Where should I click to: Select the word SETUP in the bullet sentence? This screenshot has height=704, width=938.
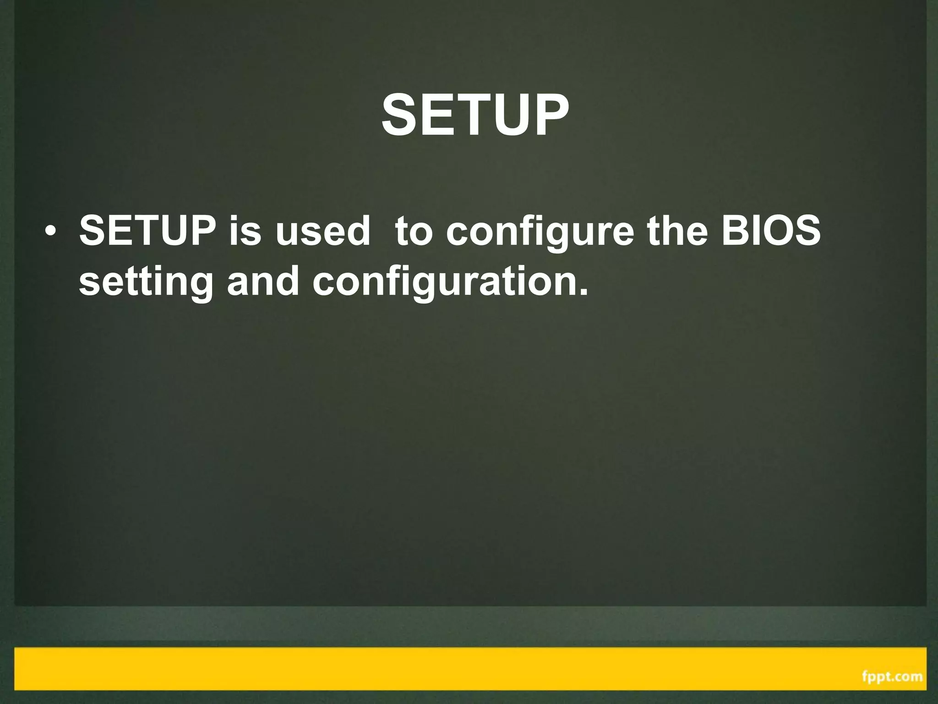147,231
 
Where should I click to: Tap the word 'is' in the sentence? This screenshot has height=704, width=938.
245,231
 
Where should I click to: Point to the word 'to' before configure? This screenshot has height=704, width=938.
413,231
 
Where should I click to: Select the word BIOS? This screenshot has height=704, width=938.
771,231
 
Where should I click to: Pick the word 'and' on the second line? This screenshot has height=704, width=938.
263,281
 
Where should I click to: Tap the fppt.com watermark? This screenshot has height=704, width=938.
892,676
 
